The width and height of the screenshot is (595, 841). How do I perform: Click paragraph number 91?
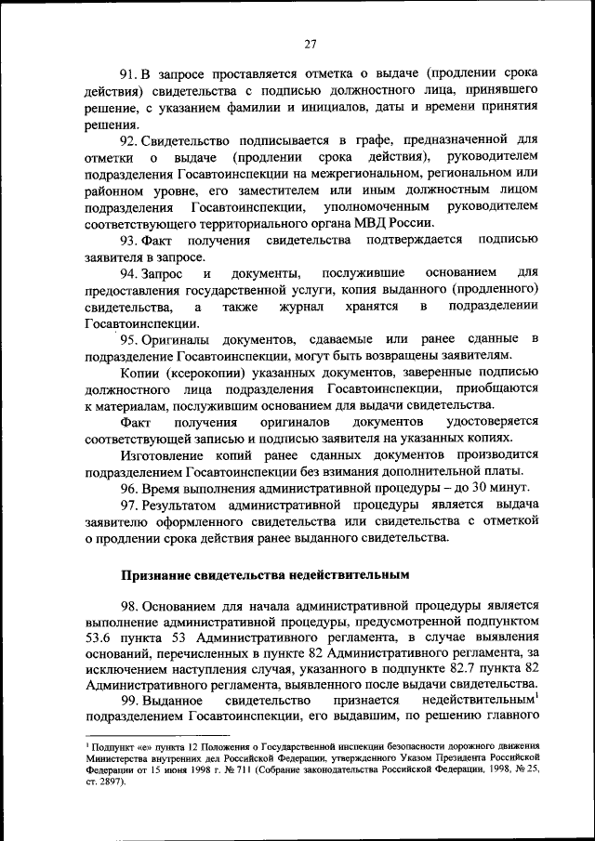(129, 73)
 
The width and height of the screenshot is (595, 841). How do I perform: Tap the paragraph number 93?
(129, 241)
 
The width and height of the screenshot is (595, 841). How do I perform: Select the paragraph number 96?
(129, 487)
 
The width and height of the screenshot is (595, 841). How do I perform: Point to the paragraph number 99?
(129, 699)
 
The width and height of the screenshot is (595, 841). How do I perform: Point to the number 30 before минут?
(474, 487)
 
